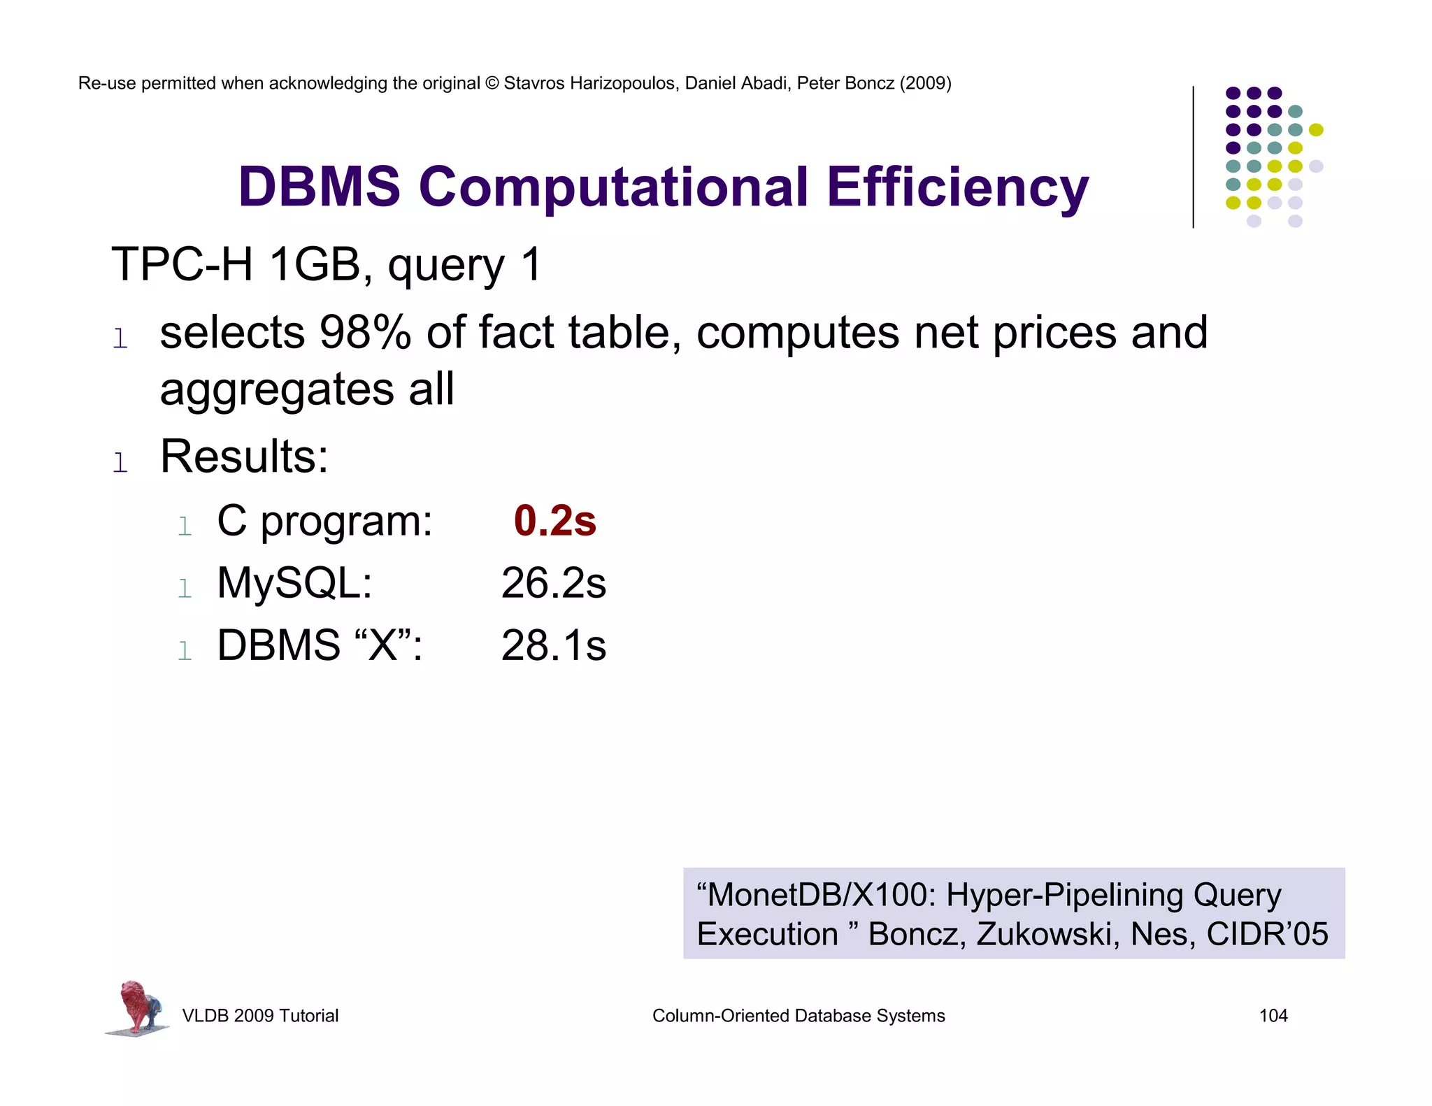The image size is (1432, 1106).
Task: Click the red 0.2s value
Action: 554,522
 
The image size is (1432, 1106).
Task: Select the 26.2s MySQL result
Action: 553,583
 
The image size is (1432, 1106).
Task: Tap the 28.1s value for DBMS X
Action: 553,645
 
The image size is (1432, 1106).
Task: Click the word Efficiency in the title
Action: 957,187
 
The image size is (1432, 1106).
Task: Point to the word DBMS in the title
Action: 320,187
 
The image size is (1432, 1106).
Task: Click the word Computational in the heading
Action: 613,187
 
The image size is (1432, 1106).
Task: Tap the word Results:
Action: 244,457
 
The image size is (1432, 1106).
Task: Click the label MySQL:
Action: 294,583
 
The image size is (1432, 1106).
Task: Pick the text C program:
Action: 324,522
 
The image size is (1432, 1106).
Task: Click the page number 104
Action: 1273,1016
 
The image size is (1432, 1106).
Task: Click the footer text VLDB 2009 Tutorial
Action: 260,1016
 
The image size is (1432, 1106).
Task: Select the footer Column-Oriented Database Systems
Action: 798,1016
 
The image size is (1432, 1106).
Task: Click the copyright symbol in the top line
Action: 492,83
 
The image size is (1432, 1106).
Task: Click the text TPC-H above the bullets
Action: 182,265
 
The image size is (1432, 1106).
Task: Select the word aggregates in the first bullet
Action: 277,390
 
